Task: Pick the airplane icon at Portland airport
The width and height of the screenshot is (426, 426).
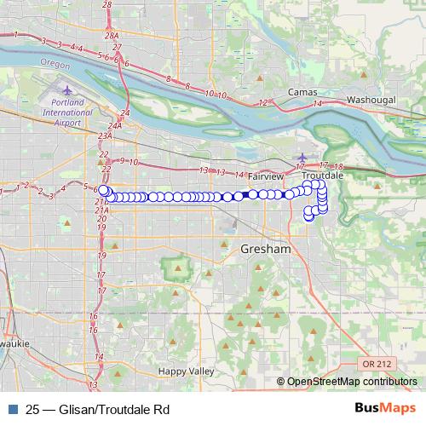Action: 69,89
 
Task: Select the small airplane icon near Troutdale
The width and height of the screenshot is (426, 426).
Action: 301,156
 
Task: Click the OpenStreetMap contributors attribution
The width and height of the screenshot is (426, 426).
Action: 349,381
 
